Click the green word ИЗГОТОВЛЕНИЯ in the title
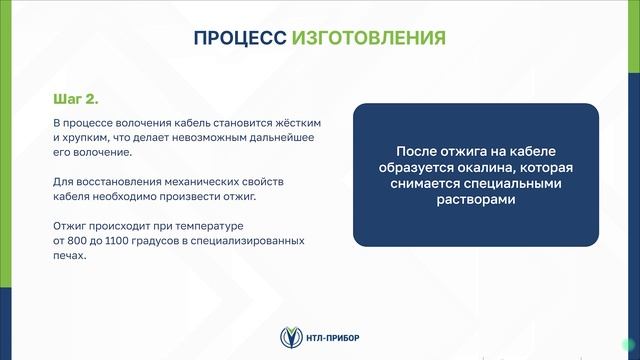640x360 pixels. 369,38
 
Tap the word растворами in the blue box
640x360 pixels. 475,200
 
